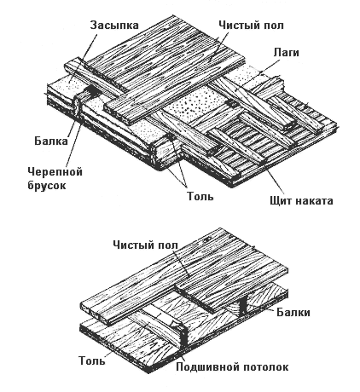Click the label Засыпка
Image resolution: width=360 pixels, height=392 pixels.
coord(114,25)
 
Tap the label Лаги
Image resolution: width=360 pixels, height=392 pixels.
coord(286,52)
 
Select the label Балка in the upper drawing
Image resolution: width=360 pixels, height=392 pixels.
coord(51,141)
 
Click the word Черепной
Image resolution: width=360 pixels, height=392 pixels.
coord(55,171)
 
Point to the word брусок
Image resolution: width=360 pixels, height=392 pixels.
coord(47,185)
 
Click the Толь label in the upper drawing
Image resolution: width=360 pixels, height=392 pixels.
coord(200,196)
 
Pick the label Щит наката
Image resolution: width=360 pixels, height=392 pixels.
coord(301,200)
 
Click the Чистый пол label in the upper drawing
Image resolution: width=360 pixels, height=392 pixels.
coord(251,25)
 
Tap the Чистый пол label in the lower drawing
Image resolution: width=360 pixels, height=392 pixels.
coord(145,245)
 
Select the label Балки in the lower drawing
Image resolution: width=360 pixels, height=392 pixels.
coord(293,312)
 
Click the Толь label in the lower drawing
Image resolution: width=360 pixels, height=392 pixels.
coord(91,360)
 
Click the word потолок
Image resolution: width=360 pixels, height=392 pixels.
coord(265,366)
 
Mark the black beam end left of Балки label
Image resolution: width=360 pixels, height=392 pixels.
coord(243,306)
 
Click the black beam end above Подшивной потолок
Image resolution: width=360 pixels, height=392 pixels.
coord(184,337)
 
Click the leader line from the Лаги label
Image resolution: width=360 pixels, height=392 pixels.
coord(258,72)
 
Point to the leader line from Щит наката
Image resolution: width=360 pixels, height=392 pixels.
coord(274,179)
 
